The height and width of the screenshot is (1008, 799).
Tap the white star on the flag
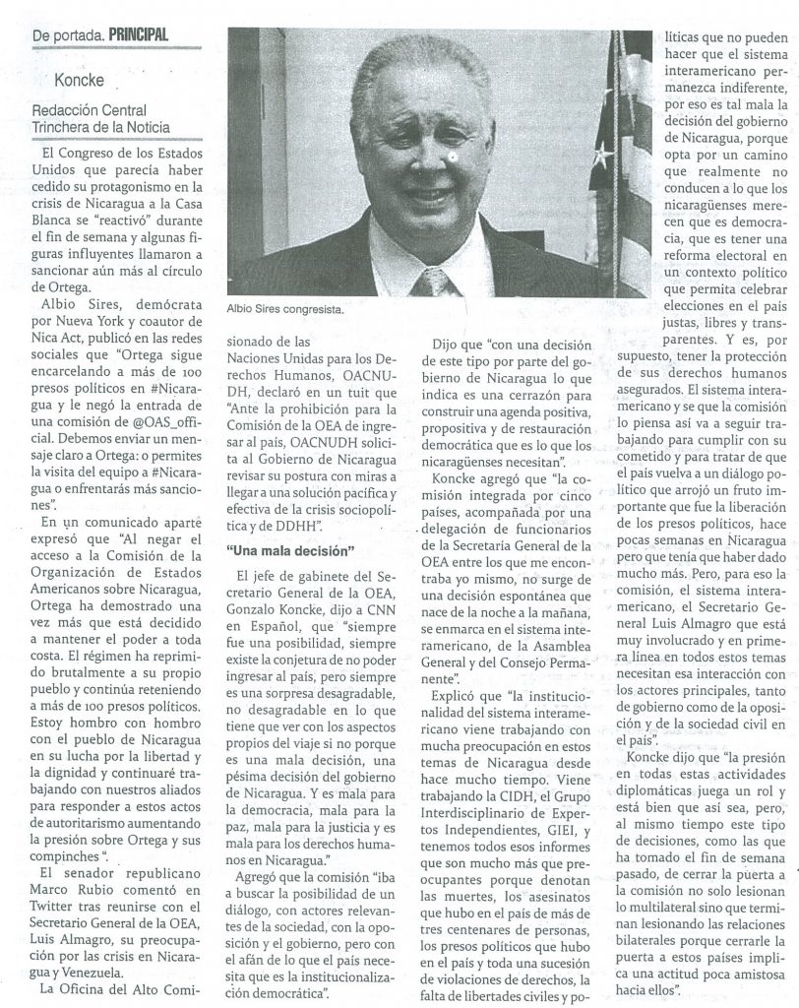point(601,155)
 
